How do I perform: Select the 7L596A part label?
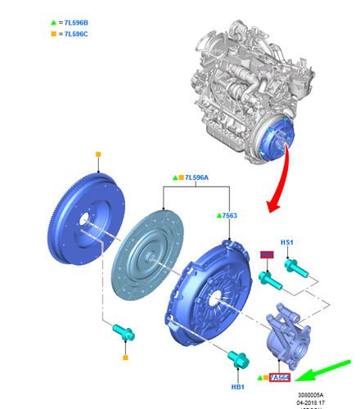click(x=196, y=177)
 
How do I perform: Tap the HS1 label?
click(x=287, y=243)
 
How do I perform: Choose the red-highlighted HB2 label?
click(x=266, y=257)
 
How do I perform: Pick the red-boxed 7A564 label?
click(x=280, y=377)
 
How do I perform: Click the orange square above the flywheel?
click(x=98, y=155)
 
